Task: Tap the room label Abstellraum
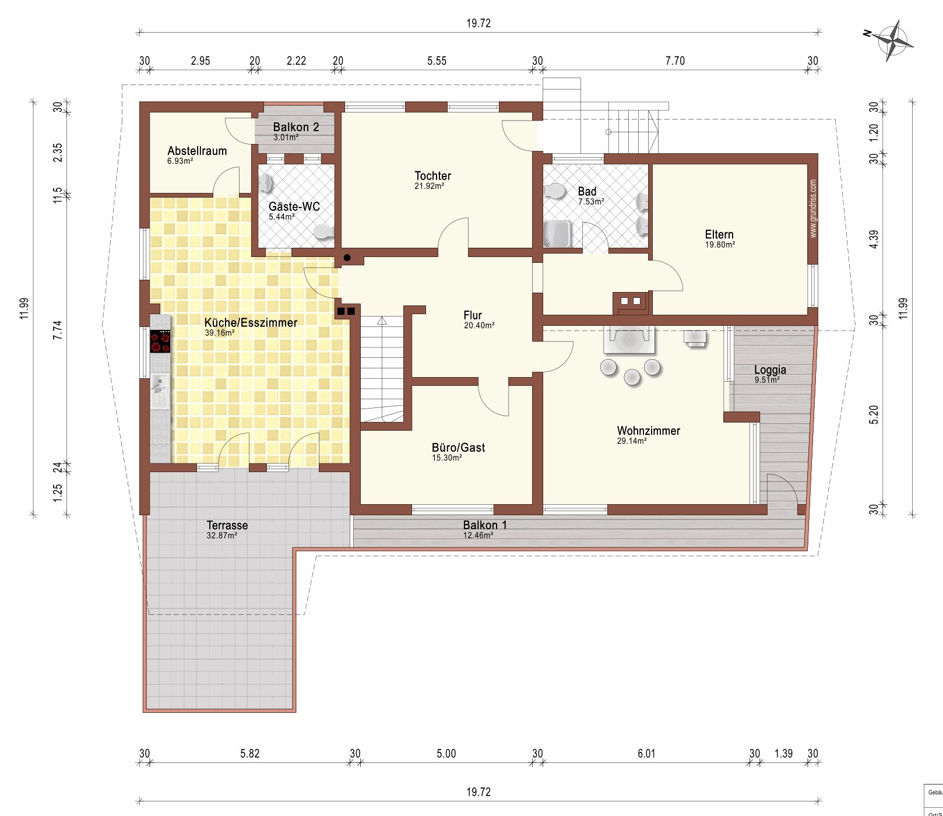click(x=197, y=150)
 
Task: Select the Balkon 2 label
click(x=296, y=127)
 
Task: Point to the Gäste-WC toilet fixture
click(x=323, y=232)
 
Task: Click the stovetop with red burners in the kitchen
click(x=160, y=342)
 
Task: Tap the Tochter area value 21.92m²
click(x=430, y=187)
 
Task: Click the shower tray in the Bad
click(x=557, y=233)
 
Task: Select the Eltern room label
click(x=719, y=234)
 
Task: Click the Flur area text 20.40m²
click(x=479, y=326)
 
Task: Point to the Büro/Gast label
click(x=459, y=448)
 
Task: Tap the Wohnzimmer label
click(x=649, y=431)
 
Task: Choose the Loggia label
click(x=770, y=370)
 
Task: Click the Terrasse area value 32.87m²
click(x=221, y=536)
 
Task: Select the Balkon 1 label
click(x=485, y=525)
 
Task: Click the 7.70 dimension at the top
click(x=675, y=61)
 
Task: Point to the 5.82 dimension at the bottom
click(x=250, y=754)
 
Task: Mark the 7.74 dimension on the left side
click(x=57, y=330)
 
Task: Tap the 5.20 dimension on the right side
click(x=874, y=415)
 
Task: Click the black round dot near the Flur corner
click(x=347, y=258)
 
